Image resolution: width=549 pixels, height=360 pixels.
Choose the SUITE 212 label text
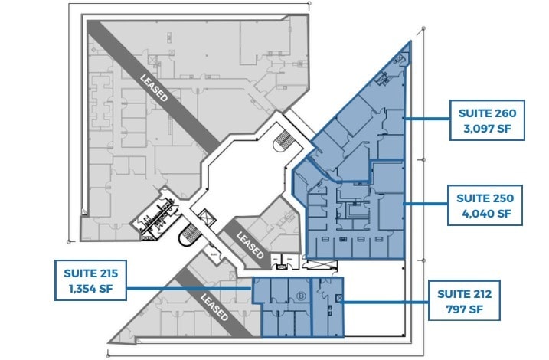click(x=464, y=293)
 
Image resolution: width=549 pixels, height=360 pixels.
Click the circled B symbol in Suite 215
click(x=300, y=293)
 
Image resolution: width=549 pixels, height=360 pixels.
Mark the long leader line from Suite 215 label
click(x=188, y=289)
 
